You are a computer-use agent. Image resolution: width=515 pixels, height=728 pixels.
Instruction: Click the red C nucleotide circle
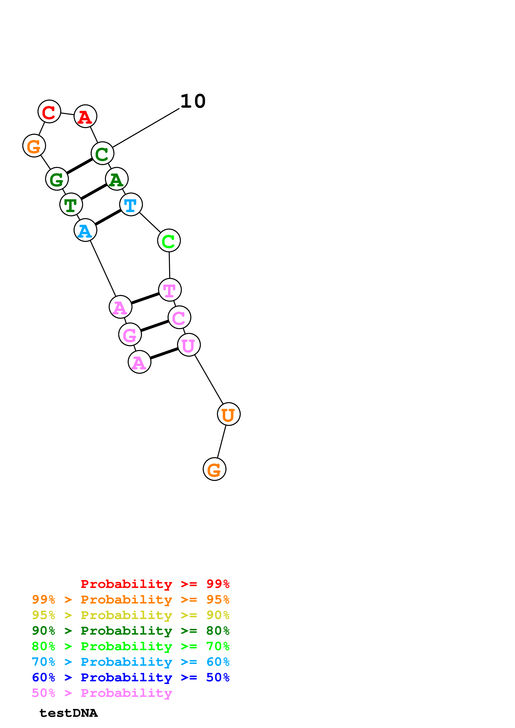click(x=49, y=112)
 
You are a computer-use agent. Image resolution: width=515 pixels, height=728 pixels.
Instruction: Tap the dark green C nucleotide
click(x=102, y=153)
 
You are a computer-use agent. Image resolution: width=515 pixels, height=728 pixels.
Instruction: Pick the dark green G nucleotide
click(x=57, y=179)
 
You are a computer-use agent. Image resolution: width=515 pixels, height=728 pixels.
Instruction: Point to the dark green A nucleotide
click(x=117, y=179)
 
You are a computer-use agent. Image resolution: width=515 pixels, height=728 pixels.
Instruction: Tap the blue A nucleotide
click(x=85, y=230)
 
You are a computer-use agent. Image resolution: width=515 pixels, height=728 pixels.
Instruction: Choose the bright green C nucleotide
click(x=169, y=241)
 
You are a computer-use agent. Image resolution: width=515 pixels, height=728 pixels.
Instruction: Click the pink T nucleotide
click(x=170, y=290)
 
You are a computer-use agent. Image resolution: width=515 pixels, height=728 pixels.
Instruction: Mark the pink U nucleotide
click(x=189, y=345)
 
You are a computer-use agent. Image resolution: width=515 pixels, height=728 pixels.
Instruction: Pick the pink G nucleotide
click(x=130, y=335)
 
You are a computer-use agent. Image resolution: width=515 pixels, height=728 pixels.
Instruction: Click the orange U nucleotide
click(x=229, y=414)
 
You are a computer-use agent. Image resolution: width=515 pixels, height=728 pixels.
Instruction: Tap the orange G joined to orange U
click(x=215, y=469)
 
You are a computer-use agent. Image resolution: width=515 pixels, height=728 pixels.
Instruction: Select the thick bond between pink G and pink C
click(x=155, y=326)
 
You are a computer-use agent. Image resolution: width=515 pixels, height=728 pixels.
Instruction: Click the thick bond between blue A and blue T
click(x=108, y=217)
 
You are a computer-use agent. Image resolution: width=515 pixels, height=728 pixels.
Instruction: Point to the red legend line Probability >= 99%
click(x=155, y=584)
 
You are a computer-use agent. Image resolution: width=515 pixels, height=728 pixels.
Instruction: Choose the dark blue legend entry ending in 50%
click(x=131, y=677)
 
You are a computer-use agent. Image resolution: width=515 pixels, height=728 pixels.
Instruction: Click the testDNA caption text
click(x=69, y=713)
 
